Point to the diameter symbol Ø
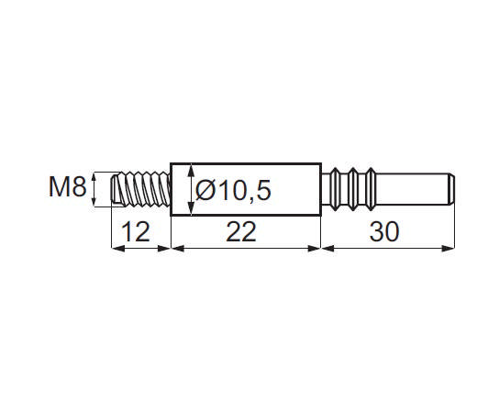coord(206,191)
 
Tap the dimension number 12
coord(135,233)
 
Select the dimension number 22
coord(241,233)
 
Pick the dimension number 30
coord(386,233)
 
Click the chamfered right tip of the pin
coord(453,189)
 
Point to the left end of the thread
coord(113,190)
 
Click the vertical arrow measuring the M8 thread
coord(96,190)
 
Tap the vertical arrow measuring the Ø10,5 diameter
coord(188,190)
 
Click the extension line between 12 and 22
coord(172,234)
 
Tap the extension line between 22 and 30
coord(320,234)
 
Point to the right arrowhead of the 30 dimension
coord(452,248)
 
